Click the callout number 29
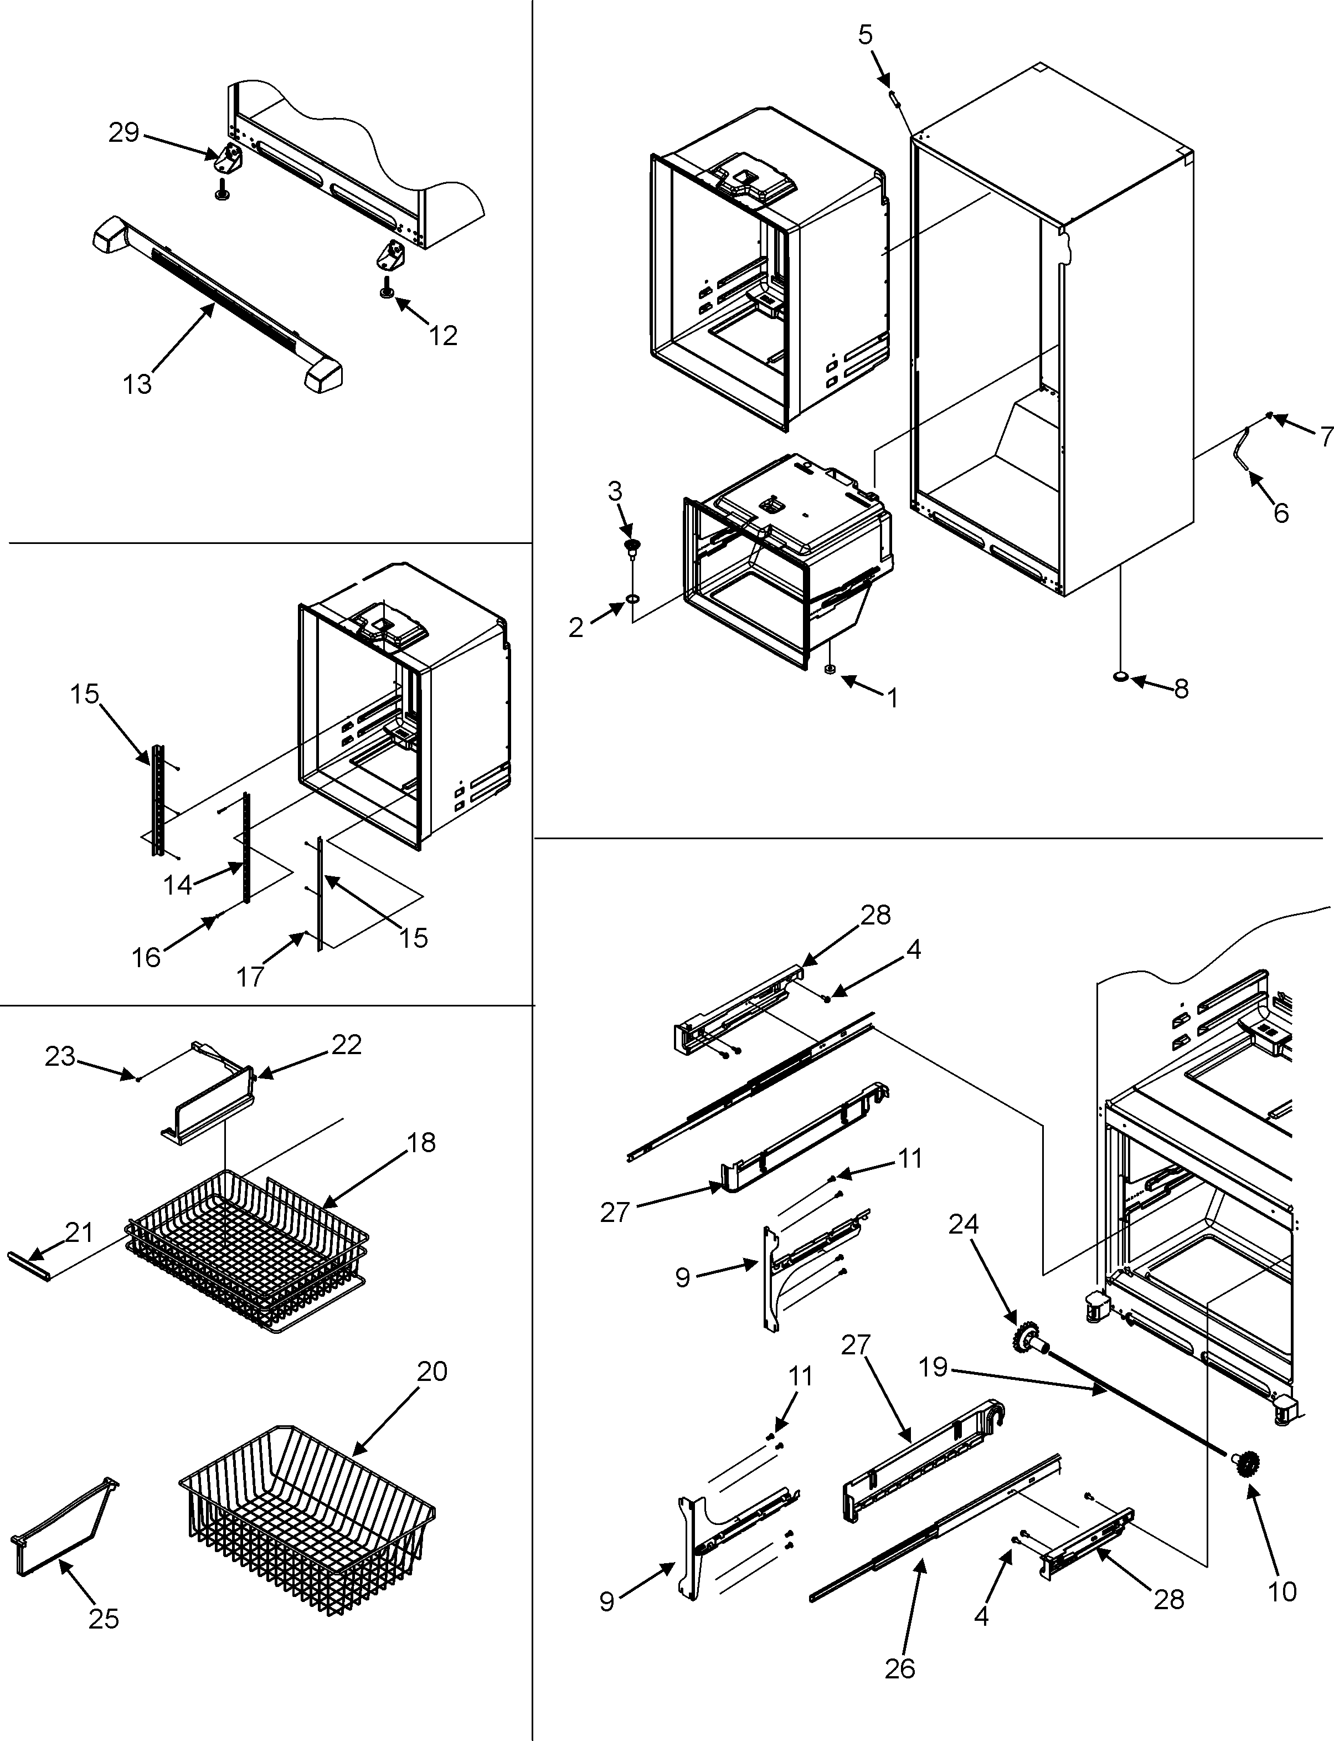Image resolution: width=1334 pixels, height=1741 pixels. [x=124, y=132]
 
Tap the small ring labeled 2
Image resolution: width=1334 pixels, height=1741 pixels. [x=633, y=597]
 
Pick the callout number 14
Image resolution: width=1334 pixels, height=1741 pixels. [x=177, y=884]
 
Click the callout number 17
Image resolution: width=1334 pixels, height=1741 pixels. [x=250, y=976]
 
